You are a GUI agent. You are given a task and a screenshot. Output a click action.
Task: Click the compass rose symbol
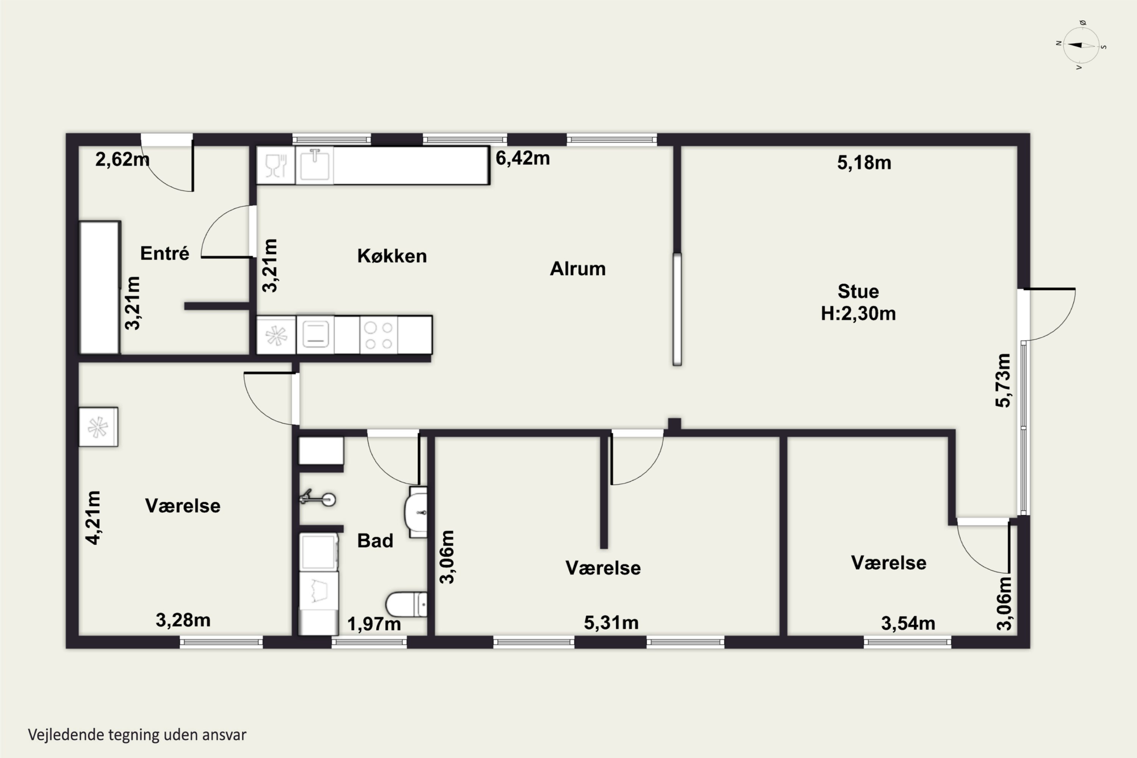pos(1081,45)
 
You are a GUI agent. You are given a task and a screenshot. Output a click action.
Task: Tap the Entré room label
pos(165,253)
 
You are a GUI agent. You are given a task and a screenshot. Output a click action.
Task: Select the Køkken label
pos(392,256)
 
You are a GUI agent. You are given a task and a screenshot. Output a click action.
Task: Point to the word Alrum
pos(578,268)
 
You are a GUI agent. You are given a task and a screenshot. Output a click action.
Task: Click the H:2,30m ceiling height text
pos(858,313)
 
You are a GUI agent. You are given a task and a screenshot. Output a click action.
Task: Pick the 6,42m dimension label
pos(523,158)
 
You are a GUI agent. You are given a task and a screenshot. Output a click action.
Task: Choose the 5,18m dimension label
pos(864,163)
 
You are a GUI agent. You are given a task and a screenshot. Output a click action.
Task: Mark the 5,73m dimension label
pos(1003,381)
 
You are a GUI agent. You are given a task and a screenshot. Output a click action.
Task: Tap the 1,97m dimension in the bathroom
pos(374,623)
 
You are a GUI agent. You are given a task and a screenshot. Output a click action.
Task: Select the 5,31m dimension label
pos(611,623)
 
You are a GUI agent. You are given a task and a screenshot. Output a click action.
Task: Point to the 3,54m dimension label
pos(908,623)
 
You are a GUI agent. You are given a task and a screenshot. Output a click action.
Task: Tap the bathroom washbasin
pos(416,512)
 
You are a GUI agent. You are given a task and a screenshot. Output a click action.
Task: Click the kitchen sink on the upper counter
pos(315,165)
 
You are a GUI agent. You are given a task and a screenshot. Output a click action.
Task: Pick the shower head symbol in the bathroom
pos(318,498)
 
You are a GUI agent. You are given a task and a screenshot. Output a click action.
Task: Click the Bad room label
pos(375,540)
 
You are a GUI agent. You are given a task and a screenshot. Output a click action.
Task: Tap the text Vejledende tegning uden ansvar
pos(137,735)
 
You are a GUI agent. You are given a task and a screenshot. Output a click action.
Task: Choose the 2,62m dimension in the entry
pos(122,159)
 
